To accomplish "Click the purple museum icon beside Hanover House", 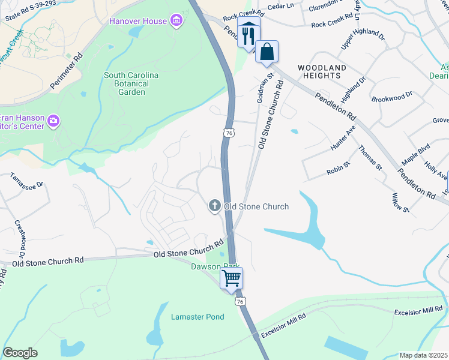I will click(176, 22).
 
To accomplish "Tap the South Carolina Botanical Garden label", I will click(131, 83).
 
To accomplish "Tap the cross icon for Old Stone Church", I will click(214, 206).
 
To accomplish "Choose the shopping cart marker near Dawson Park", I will click(231, 278).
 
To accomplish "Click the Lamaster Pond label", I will click(197, 317).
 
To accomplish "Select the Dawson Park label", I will click(215, 266).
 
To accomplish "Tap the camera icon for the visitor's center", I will click(53, 122).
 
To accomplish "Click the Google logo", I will click(20, 353).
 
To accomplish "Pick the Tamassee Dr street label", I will click(27, 182).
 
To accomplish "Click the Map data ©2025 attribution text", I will click(423, 355).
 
